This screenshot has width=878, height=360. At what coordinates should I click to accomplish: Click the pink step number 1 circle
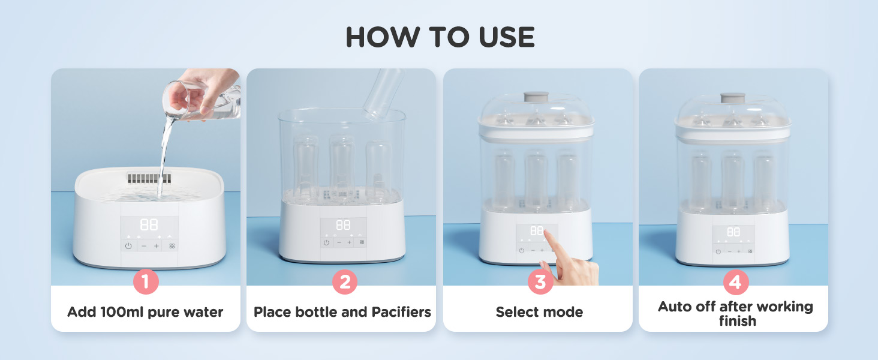(x=146, y=281)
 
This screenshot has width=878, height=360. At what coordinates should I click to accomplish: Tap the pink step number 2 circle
(x=345, y=281)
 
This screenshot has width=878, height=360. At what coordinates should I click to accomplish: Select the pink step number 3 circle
(x=540, y=281)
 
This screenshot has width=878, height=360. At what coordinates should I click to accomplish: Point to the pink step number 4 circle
(x=736, y=282)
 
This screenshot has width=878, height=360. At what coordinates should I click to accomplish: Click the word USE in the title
(x=507, y=37)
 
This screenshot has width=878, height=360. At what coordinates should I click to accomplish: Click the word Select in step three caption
(x=515, y=312)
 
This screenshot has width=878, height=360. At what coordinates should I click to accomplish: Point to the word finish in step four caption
(x=737, y=321)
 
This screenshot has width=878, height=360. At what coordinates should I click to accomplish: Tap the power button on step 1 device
(x=128, y=246)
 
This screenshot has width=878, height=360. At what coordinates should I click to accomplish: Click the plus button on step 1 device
(x=157, y=246)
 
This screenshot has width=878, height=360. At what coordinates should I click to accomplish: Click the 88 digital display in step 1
(x=149, y=225)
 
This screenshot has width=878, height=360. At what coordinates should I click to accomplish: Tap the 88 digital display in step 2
(x=343, y=225)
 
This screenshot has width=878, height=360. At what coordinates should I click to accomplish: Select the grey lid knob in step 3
(x=536, y=97)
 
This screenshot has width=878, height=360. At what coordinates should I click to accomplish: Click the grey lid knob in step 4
(x=733, y=97)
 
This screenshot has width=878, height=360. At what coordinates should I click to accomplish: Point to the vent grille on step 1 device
(x=149, y=178)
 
